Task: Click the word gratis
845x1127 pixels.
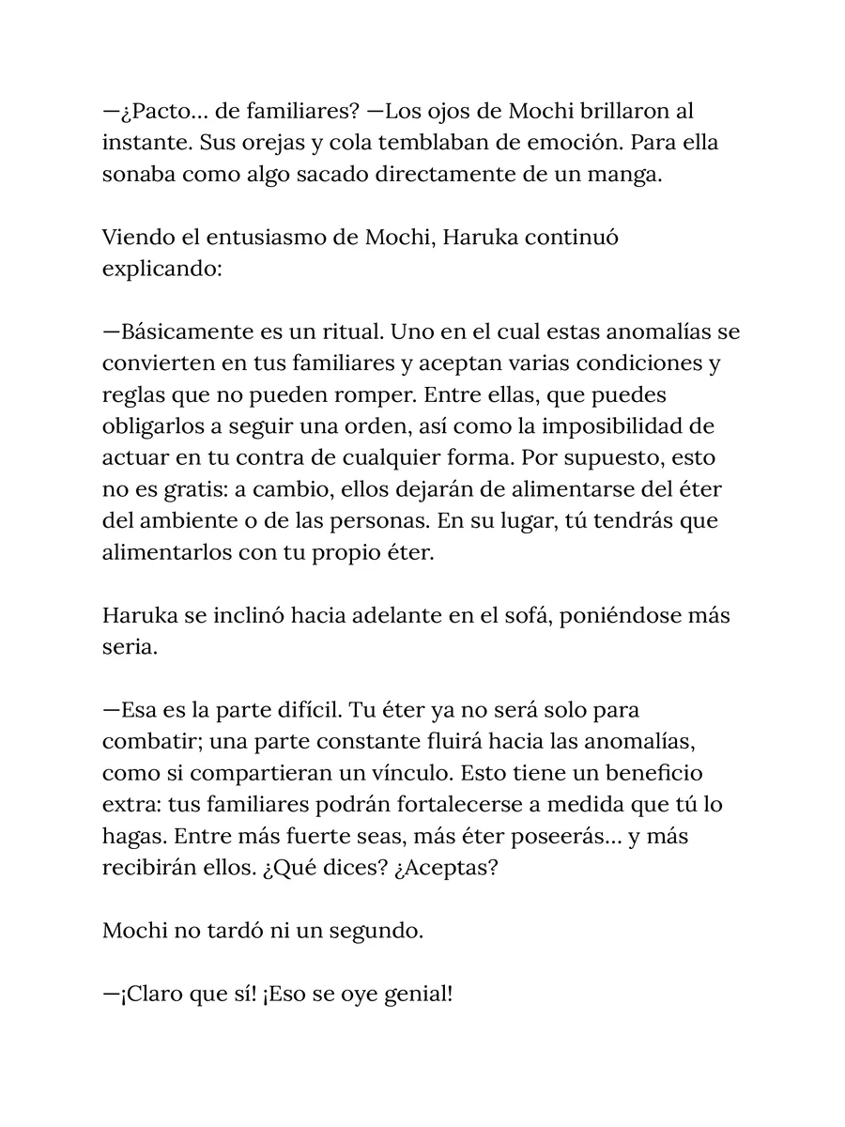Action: [x=171, y=489]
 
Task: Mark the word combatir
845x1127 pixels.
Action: [x=148, y=742]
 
